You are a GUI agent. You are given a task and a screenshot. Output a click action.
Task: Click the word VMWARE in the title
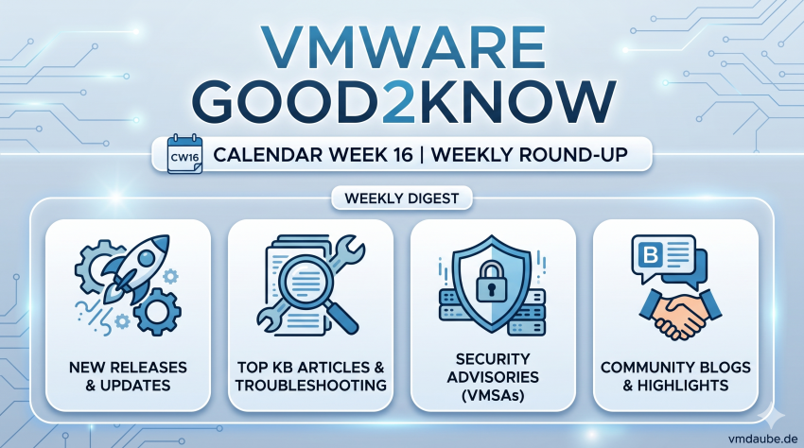403,47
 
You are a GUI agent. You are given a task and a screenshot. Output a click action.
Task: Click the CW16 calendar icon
184,153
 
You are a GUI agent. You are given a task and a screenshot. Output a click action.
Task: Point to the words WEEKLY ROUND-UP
529,154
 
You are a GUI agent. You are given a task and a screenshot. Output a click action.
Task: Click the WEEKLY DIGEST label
401,198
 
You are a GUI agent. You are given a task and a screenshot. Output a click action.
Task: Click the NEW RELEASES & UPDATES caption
128,376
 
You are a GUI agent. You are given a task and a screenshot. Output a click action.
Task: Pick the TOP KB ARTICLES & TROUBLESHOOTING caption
311,376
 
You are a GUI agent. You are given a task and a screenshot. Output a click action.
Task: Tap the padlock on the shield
492,282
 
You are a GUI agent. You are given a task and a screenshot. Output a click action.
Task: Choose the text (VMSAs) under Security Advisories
493,395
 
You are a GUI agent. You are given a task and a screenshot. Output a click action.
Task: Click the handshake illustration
680,313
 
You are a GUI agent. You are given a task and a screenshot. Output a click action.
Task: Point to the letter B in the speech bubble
651,253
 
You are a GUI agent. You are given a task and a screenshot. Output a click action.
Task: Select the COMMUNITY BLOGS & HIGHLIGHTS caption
675,376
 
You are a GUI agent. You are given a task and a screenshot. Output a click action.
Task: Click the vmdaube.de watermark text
763,439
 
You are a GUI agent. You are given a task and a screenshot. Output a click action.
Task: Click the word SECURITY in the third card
493,359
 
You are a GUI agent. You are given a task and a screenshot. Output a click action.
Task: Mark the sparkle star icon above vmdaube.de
771,415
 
